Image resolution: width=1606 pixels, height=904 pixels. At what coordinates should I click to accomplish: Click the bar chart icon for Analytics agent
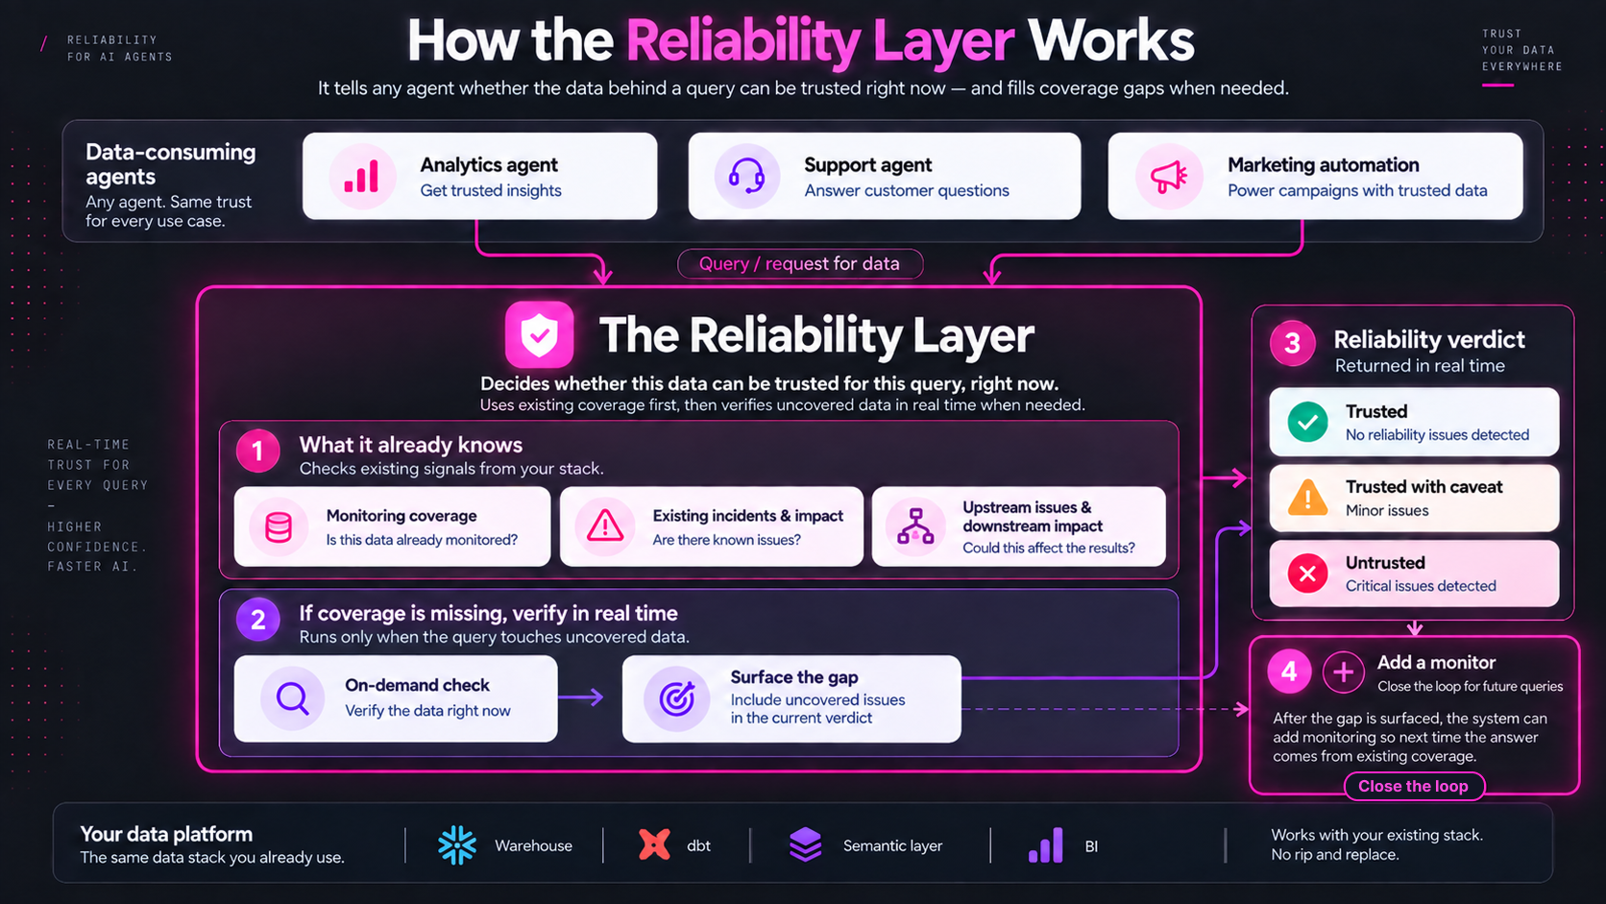(361, 177)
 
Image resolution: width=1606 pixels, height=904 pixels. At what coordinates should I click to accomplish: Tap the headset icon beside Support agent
(746, 177)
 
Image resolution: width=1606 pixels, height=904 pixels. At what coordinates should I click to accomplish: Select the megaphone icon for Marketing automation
(1169, 177)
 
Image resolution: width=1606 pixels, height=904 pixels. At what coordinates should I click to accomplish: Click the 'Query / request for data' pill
(799, 264)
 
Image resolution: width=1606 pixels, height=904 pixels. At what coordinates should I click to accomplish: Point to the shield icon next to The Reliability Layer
(539, 334)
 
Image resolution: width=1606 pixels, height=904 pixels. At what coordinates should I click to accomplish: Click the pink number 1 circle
(257, 451)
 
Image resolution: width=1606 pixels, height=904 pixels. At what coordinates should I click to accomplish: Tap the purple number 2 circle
(257, 620)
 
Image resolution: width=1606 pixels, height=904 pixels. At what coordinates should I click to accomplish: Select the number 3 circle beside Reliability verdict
(1292, 343)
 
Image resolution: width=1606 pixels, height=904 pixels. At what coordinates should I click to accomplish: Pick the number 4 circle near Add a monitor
(1289, 672)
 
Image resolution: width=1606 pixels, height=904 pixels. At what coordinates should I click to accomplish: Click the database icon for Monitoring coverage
(279, 526)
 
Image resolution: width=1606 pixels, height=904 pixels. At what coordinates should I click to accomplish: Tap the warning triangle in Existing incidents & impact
(605, 525)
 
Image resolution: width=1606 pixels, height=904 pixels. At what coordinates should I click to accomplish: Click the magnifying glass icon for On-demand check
(293, 697)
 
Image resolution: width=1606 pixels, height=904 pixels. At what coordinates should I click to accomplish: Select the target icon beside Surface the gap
(677, 698)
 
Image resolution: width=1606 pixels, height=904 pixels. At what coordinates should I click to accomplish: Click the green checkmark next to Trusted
(1307, 422)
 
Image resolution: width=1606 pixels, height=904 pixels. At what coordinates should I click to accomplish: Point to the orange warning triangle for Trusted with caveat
(1307, 498)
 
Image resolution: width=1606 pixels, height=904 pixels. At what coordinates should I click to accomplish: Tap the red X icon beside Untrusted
(1307, 574)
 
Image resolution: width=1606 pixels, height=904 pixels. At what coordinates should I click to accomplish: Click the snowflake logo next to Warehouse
(456, 845)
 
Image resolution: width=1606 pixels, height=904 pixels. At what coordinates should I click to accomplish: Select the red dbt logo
(654, 845)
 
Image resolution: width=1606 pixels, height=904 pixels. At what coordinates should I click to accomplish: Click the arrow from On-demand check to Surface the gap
(581, 696)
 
